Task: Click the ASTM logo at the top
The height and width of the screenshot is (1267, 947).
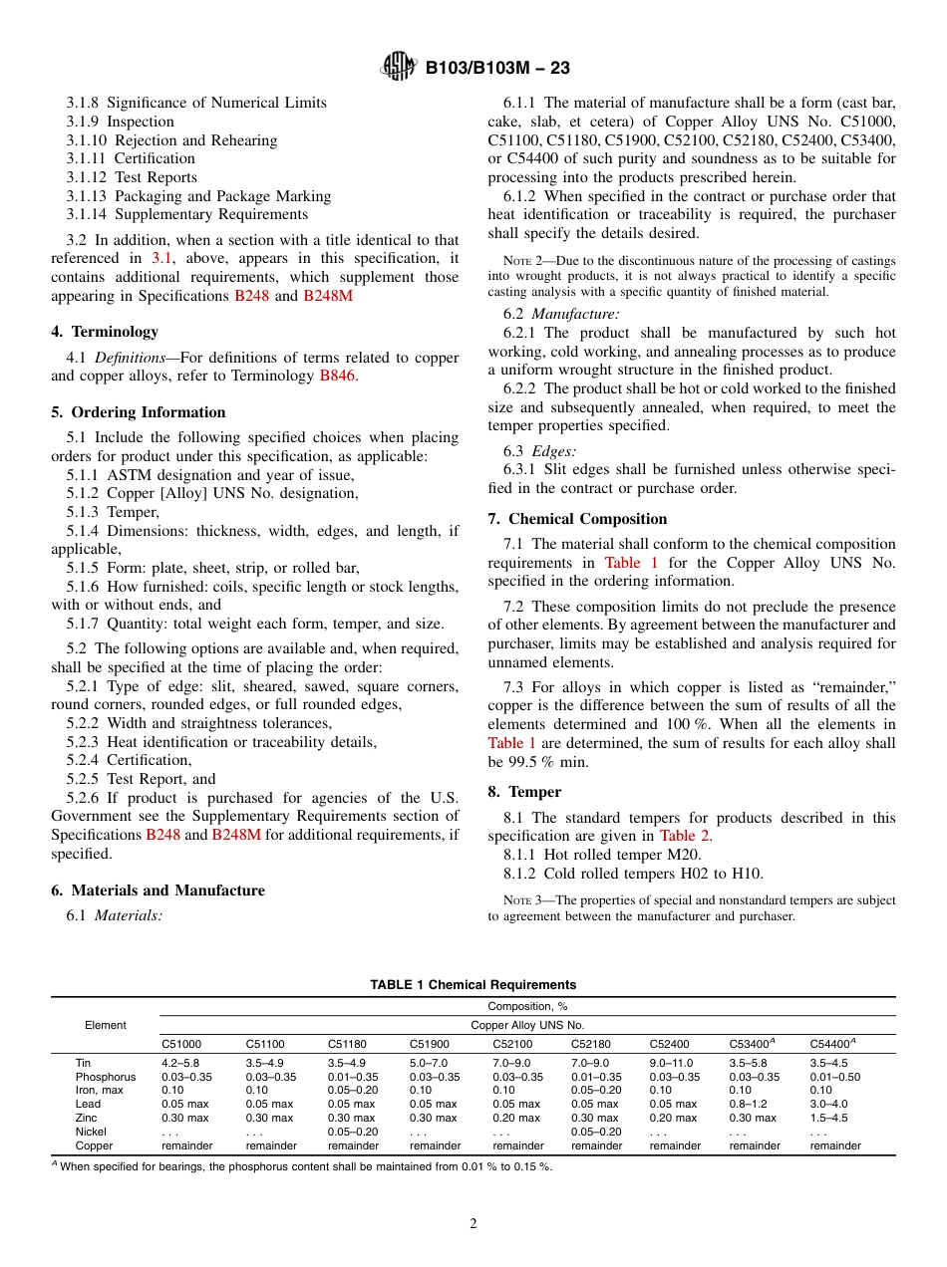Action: pos(399,67)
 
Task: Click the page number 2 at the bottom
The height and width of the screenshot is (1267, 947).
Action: pos(473,1223)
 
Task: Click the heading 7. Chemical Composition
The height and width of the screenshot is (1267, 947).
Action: pos(577,518)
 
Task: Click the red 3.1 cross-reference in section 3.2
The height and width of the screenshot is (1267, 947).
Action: pos(161,258)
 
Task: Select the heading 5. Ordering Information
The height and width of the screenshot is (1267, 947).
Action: pos(138,412)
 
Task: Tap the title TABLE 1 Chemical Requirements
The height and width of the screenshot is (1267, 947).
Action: pos(473,984)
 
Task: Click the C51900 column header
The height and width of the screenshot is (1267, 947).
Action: pos(429,1044)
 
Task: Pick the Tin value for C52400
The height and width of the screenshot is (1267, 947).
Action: pos(673,1063)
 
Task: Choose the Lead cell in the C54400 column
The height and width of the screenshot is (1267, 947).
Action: pos(828,1104)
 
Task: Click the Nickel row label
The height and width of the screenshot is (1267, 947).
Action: pos(91,1132)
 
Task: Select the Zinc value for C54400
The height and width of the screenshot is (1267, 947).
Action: pos(828,1118)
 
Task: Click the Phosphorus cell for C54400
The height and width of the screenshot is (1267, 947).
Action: pos(834,1077)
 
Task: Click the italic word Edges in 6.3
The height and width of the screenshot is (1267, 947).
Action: pos(552,450)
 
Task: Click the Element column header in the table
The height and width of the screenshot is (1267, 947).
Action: pos(106,1025)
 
